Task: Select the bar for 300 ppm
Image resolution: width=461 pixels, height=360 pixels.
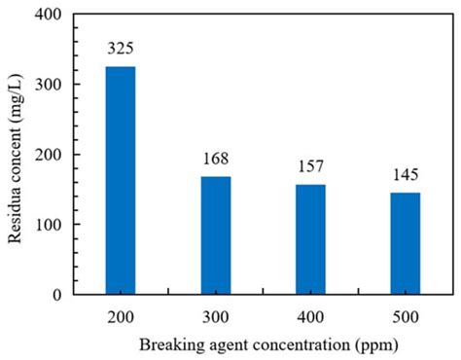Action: [x=216, y=234]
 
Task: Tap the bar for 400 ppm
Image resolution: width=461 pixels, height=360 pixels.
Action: [x=311, y=238]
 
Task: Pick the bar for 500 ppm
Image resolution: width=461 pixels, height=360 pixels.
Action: [x=406, y=242]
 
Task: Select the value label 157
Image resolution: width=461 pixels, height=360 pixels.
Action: [x=311, y=164]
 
